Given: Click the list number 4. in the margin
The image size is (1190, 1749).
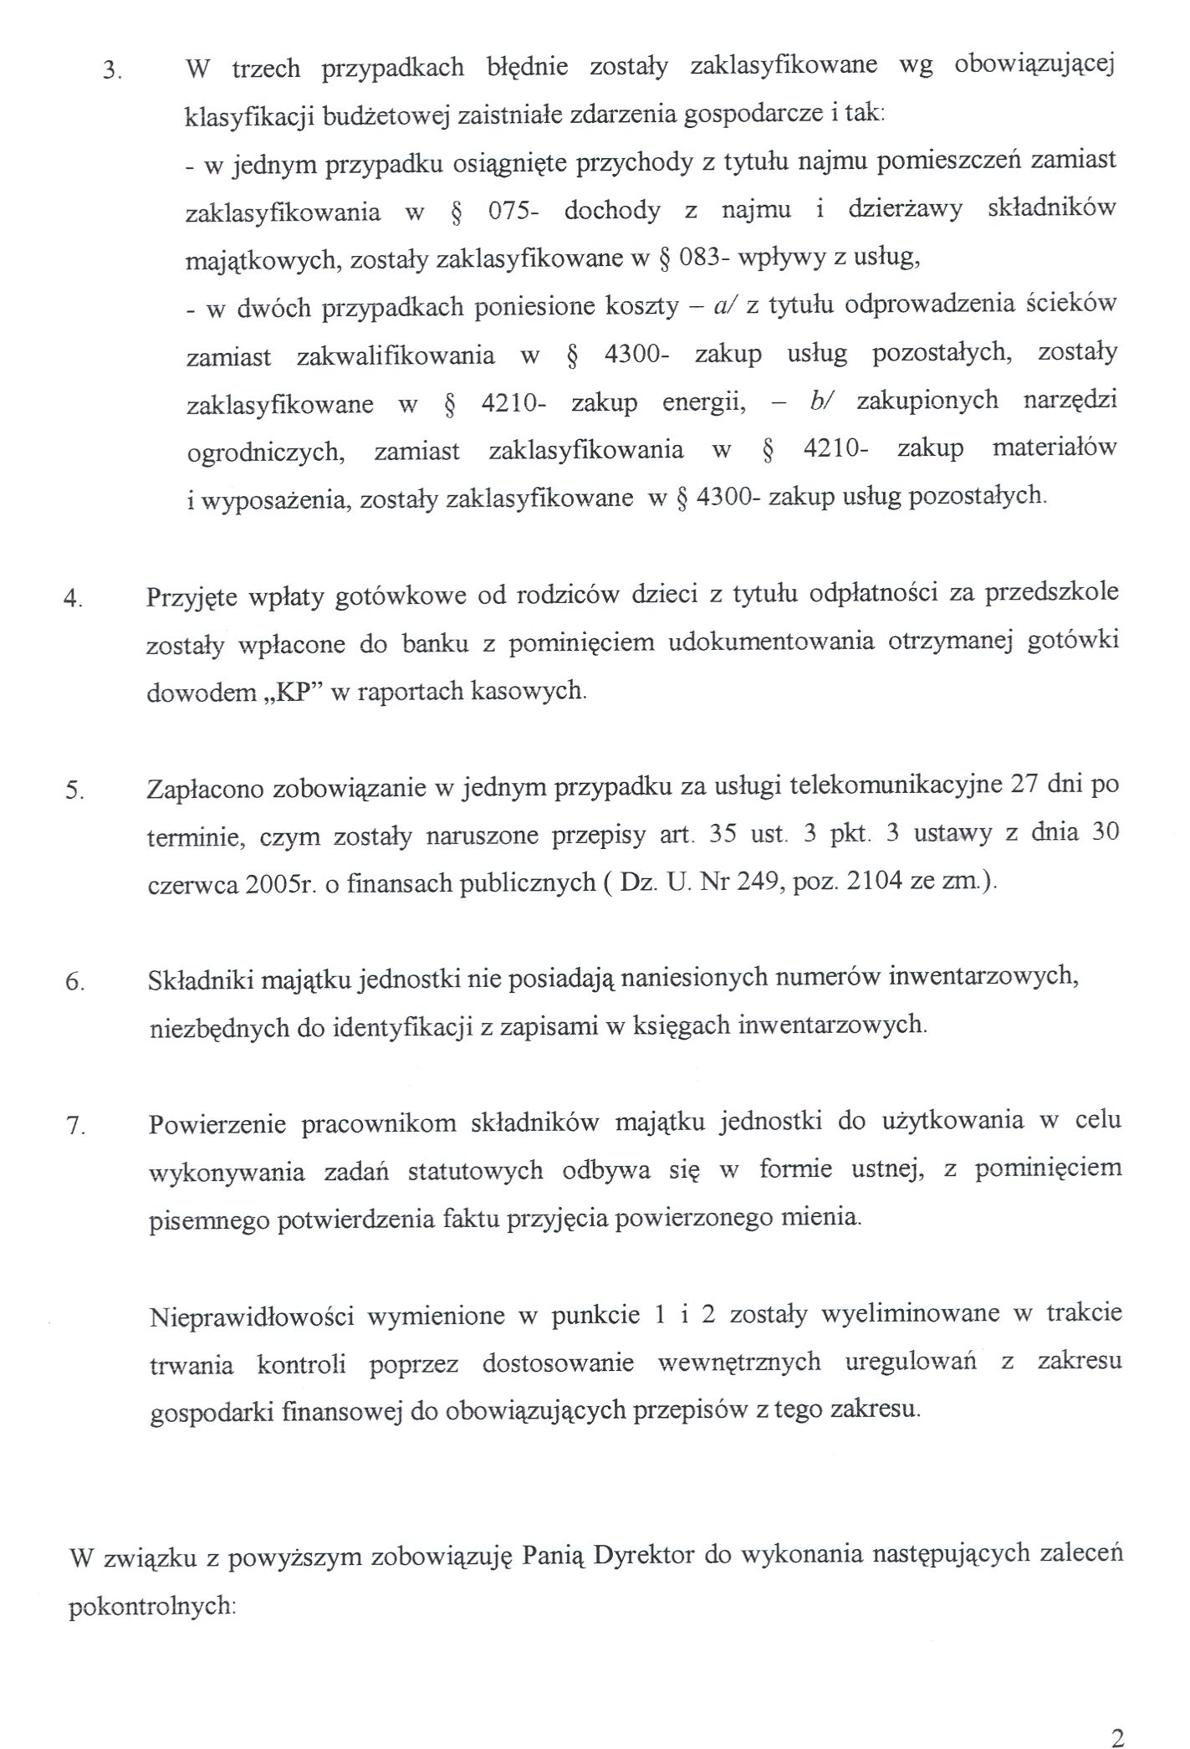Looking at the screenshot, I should [x=74, y=600].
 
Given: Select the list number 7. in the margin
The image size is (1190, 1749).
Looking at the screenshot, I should [x=75, y=1127].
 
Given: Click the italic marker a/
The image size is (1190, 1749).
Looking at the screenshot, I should [x=723, y=306].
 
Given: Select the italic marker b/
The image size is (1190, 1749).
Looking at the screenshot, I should [x=820, y=401].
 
